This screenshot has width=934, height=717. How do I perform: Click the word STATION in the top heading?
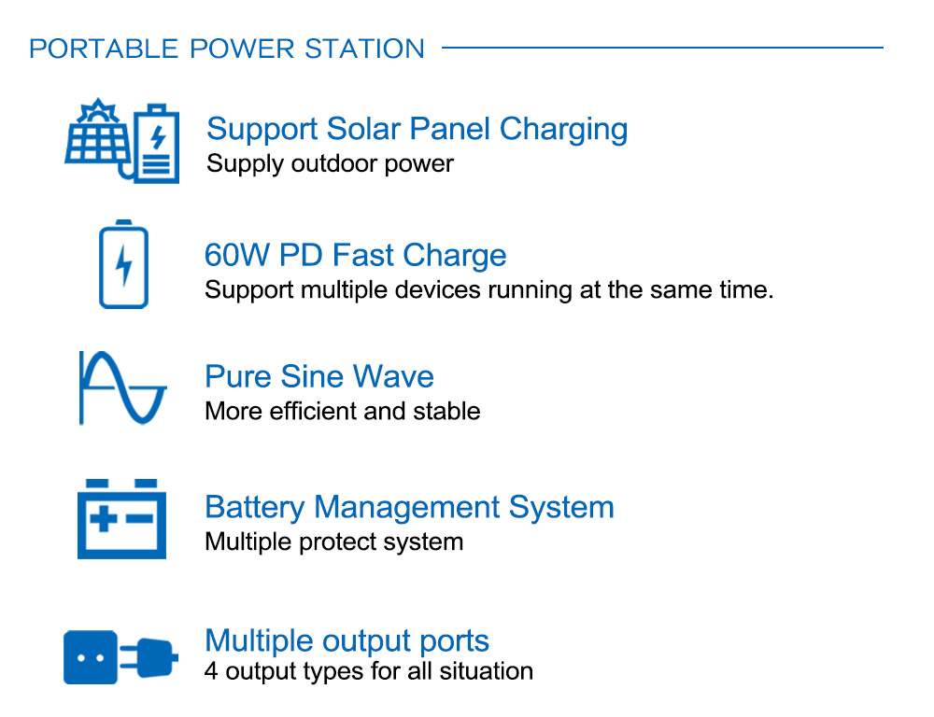364,49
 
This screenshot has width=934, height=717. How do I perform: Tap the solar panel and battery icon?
122,141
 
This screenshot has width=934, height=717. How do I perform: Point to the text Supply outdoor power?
330,163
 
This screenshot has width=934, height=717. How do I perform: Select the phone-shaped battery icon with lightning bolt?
123,264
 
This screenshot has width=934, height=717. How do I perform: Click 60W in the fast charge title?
237,255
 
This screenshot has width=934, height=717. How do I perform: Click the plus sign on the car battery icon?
104,519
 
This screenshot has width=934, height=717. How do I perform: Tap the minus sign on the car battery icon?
140,519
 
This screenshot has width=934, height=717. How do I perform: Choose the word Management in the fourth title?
407,507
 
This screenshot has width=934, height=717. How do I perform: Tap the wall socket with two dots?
91,657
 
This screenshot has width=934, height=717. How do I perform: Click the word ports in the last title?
455,641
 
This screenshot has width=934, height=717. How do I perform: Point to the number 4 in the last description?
211,671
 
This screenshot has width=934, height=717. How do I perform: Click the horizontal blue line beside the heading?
662,47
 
